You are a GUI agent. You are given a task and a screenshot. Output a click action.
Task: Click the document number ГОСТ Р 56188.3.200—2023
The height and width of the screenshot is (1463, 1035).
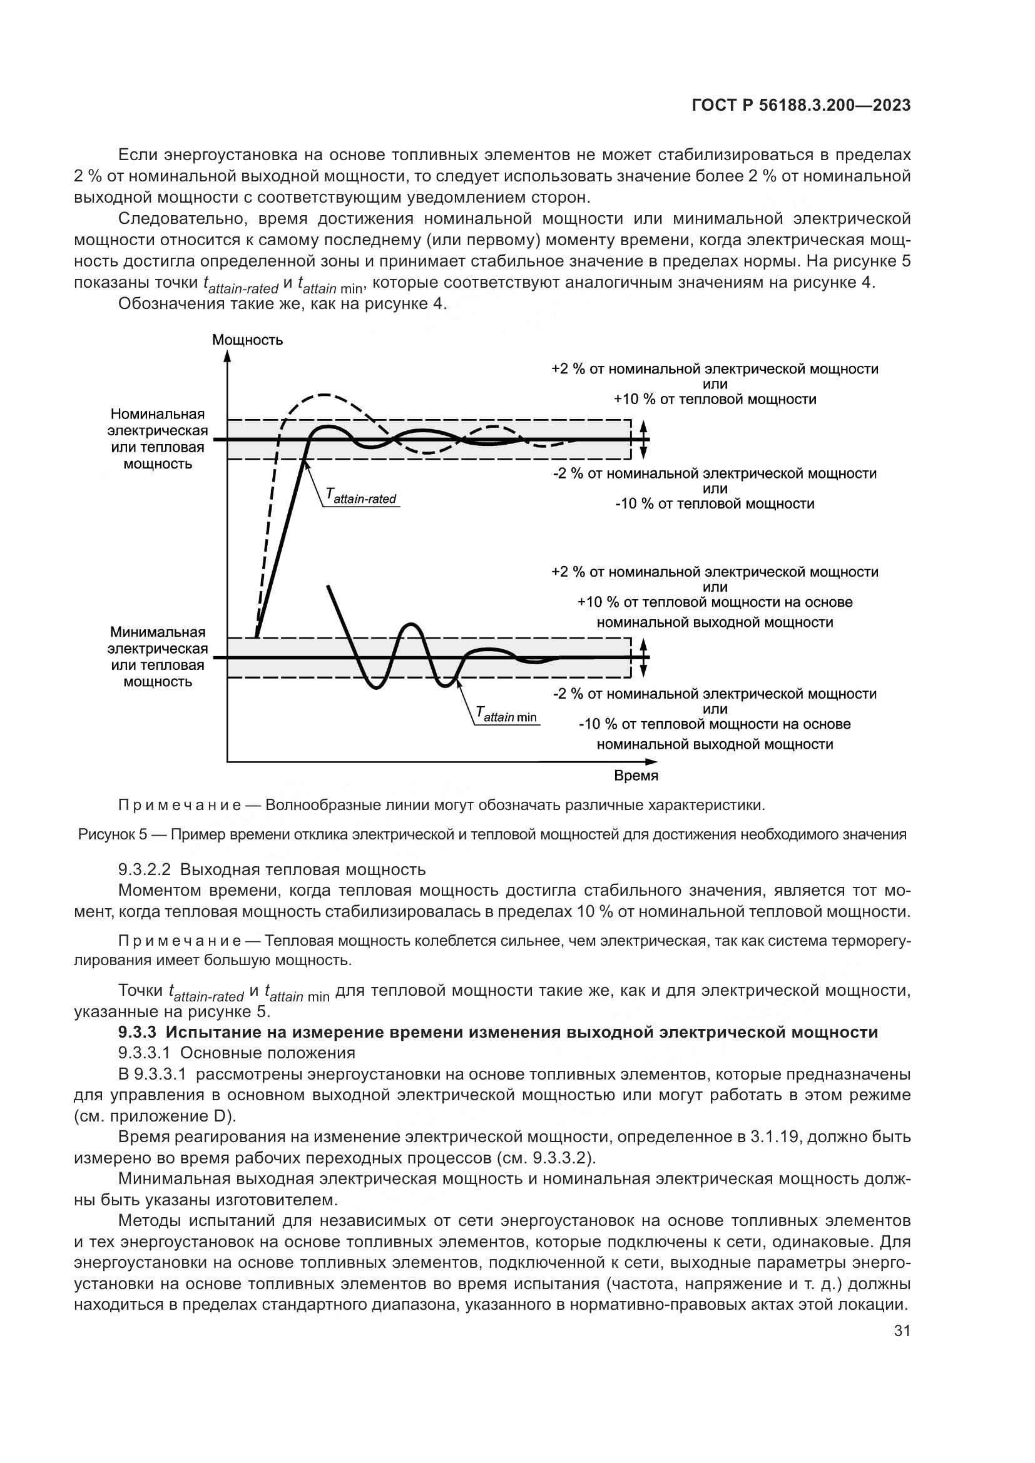tap(800, 106)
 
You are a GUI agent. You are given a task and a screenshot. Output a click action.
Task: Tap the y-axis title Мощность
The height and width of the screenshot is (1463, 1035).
tap(247, 340)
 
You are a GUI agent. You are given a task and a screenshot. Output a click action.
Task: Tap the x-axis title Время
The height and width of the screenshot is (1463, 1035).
tap(636, 776)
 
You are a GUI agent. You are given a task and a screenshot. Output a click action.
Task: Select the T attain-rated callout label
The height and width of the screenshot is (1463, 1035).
tap(360, 497)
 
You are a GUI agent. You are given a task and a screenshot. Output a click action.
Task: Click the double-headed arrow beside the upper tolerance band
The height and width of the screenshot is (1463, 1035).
tap(644, 439)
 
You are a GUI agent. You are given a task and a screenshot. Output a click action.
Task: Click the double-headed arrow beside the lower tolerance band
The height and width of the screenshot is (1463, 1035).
tap(644, 657)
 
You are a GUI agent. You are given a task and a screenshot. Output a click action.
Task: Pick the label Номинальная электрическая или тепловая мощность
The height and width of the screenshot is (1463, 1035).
tap(158, 438)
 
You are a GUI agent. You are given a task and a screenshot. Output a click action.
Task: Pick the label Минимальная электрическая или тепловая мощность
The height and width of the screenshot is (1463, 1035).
tap(158, 657)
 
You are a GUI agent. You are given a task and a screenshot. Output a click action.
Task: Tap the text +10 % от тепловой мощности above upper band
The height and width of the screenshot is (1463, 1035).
tap(715, 400)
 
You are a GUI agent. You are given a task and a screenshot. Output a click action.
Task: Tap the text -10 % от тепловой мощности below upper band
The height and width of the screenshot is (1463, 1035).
tap(715, 504)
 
